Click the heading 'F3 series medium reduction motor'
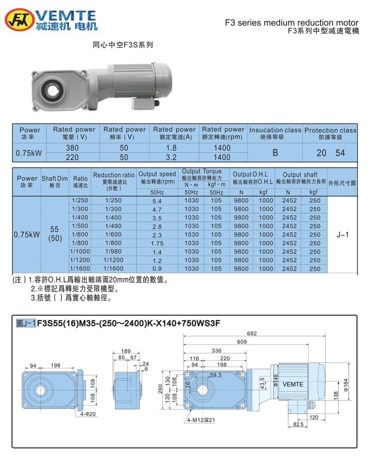coord(291,23)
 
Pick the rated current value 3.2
coord(173,157)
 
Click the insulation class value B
coord(275,153)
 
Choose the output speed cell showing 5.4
coord(157,201)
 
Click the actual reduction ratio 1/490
coord(114,226)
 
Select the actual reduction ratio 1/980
coord(114,252)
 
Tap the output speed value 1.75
coord(157,243)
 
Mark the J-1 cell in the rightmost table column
coord(343,235)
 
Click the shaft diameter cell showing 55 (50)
coord(55,235)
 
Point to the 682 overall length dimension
coord(251,333)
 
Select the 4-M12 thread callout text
coord(201,420)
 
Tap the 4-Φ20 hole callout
coord(86,413)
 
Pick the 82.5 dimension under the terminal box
coord(299,425)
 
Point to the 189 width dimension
coord(126,351)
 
